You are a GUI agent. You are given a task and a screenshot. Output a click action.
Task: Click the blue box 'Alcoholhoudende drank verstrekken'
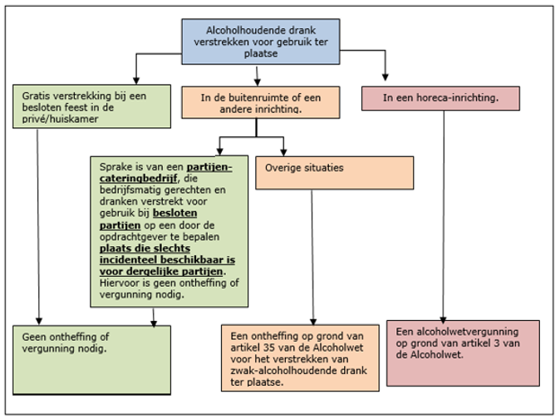(x=261, y=40)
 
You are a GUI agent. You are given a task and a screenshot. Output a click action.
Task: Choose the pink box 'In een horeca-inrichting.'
(x=440, y=98)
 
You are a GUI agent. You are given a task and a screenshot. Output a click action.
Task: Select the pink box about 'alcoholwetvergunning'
(x=450, y=352)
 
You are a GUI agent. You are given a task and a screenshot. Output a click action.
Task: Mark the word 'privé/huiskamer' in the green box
(x=60, y=120)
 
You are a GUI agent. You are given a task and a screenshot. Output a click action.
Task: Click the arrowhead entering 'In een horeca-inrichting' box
(x=386, y=77)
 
